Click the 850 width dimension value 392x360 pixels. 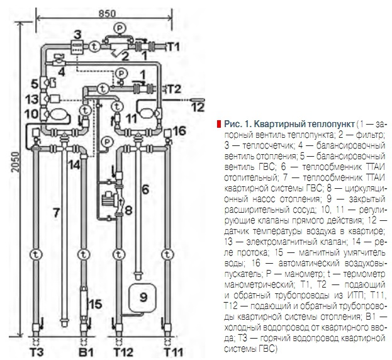click(x=107, y=13)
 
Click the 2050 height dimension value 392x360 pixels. click(x=16, y=162)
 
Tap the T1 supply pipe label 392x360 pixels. click(x=173, y=47)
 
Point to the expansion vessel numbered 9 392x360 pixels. click(x=142, y=298)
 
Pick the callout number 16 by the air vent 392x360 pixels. click(x=179, y=131)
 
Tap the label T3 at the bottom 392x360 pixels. click(x=37, y=352)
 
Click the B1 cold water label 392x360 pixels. click(x=86, y=352)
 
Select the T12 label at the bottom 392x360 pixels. click(x=123, y=352)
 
